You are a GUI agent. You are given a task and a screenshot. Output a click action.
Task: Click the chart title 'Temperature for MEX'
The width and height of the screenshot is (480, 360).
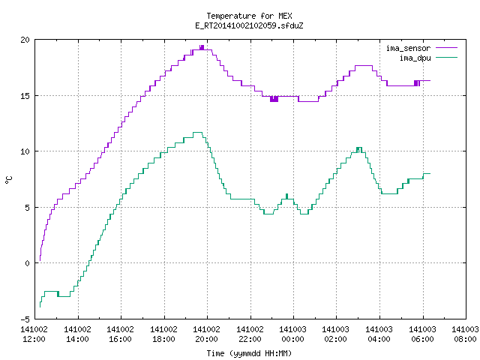(249, 16)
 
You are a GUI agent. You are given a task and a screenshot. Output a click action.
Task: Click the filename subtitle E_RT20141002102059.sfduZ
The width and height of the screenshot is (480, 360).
(249, 25)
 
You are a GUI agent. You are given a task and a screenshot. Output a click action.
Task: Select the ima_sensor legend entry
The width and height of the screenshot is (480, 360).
(421, 48)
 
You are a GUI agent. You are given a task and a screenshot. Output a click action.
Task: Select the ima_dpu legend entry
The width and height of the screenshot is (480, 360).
(428, 58)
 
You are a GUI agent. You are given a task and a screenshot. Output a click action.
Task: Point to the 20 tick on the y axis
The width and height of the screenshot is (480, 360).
(25, 40)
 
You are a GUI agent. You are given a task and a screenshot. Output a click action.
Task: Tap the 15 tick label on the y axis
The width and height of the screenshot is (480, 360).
(25, 96)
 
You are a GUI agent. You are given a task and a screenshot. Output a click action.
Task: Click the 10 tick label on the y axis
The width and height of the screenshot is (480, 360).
(25, 151)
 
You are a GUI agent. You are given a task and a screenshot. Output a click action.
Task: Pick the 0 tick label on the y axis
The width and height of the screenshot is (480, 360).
(28, 263)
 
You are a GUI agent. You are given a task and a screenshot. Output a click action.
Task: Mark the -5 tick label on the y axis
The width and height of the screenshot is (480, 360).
(25, 319)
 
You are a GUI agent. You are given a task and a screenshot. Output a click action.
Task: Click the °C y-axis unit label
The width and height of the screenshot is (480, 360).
(9, 180)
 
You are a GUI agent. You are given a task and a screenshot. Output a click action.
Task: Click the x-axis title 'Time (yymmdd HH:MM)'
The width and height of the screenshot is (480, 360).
(249, 353)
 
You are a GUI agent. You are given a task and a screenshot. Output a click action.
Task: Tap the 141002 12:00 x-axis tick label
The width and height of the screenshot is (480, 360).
(34, 334)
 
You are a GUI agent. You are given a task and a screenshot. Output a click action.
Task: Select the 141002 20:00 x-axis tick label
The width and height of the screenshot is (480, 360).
(207, 334)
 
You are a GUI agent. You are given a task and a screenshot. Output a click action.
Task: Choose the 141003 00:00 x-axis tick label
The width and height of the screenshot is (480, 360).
(293, 334)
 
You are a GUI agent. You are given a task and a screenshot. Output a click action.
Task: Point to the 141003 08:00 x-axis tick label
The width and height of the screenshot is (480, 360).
(465, 334)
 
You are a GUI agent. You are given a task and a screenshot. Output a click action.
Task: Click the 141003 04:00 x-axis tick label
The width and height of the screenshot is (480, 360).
(379, 334)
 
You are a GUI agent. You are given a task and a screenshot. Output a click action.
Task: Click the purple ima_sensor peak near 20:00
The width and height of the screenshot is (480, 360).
(202, 47)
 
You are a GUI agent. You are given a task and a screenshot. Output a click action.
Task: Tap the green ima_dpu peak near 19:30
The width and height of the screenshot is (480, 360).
(197, 132)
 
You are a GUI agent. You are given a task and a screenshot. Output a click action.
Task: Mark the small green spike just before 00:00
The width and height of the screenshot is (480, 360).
(286, 196)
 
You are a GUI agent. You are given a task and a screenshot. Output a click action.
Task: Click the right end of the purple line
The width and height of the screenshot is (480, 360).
(430, 81)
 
